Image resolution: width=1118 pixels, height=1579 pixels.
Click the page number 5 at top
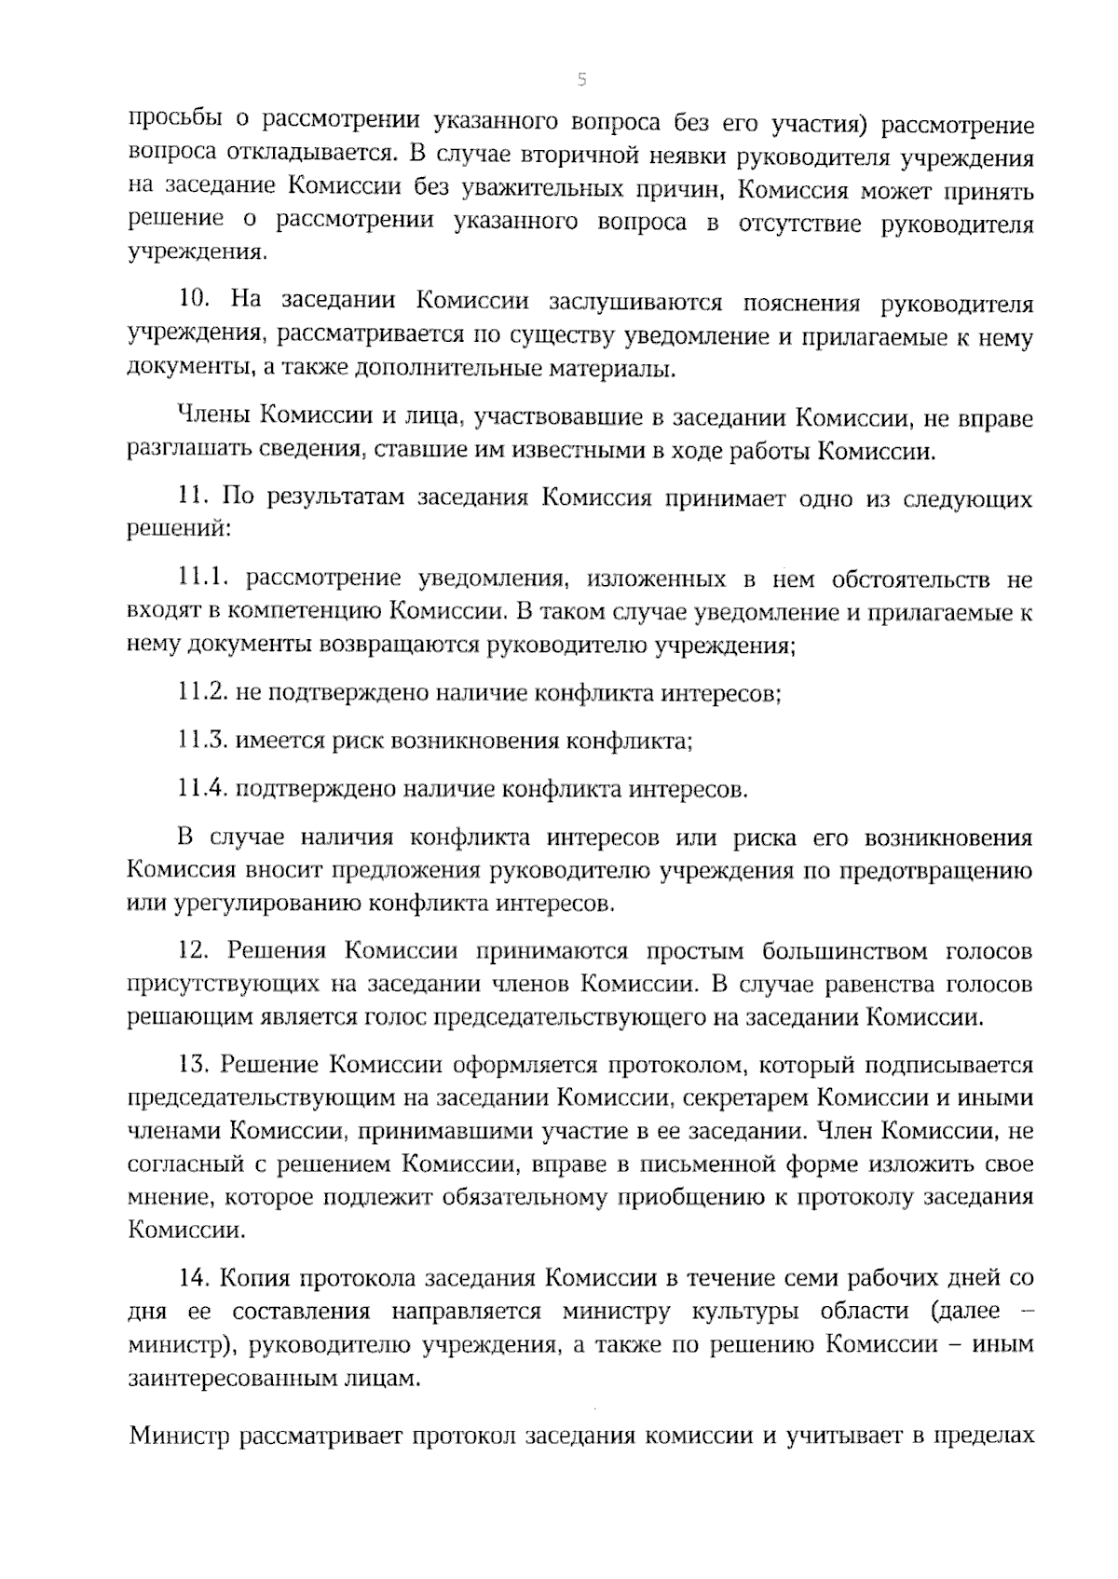pos(581,81)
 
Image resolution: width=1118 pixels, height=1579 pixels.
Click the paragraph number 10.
pos(193,302)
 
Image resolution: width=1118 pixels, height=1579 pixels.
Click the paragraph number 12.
pos(192,951)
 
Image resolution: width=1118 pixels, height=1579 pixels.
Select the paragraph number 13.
pos(192,1064)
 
